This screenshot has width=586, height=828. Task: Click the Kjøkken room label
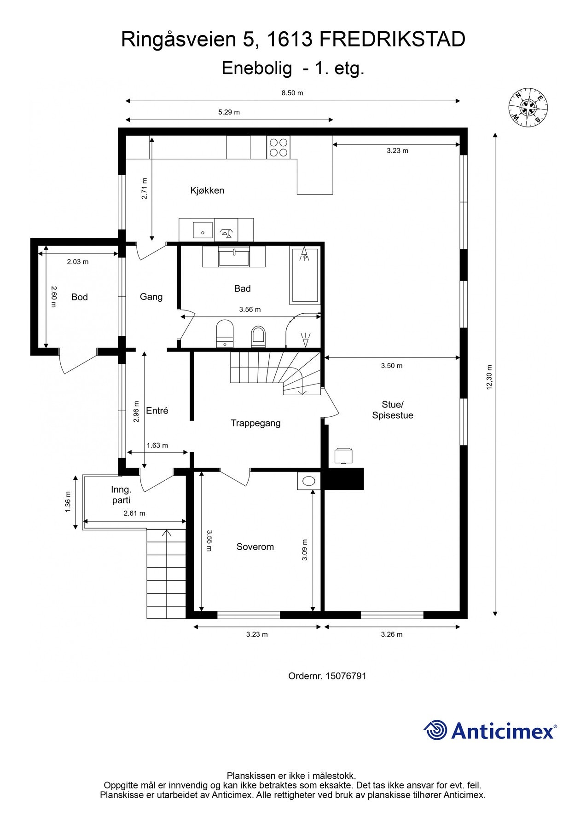pos(207,190)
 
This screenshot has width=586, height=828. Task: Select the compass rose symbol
pos(528,107)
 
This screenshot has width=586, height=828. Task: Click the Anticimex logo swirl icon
pos(435,730)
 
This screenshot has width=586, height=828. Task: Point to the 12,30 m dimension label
pos(489,377)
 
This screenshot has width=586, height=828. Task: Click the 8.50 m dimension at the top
pos(292,93)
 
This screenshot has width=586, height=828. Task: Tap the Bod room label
pos(79,297)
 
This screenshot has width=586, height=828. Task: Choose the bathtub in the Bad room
pos(305,276)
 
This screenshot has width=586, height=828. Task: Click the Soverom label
pos(255,547)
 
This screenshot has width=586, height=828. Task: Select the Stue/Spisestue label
pos(393,410)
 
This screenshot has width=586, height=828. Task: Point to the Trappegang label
pos(255,424)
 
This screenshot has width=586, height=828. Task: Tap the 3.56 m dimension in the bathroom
pos(250,310)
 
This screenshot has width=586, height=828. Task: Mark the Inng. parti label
pos(121,495)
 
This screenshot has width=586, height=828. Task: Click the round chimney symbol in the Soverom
pos(309,481)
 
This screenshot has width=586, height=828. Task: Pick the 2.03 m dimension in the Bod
pos(78,262)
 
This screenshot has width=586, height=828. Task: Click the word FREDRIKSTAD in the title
pos(392,40)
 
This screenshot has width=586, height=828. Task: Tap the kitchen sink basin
pos(203,230)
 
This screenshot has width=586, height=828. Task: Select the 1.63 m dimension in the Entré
pos(157,445)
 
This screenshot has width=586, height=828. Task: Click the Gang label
pos(151,297)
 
